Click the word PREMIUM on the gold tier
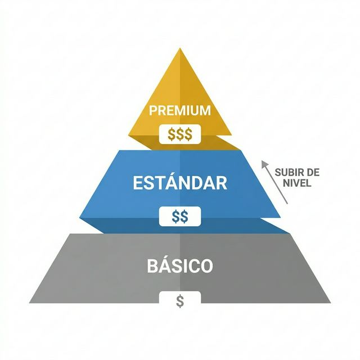click(x=180, y=110)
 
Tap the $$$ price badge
click(x=180, y=134)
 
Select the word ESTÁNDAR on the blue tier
click(x=180, y=183)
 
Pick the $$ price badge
click(x=180, y=216)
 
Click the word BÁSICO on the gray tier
click(x=180, y=265)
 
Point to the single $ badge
click(x=180, y=301)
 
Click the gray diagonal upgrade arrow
click(x=275, y=182)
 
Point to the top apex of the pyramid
click(x=181, y=49)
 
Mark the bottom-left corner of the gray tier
click(x=30, y=303)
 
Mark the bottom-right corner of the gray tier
click(x=331, y=303)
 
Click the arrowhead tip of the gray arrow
click(x=263, y=161)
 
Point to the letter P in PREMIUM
click(x=152, y=110)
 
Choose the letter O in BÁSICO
click(x=206, y=265)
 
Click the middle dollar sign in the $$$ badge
click(x=180, y=134)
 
